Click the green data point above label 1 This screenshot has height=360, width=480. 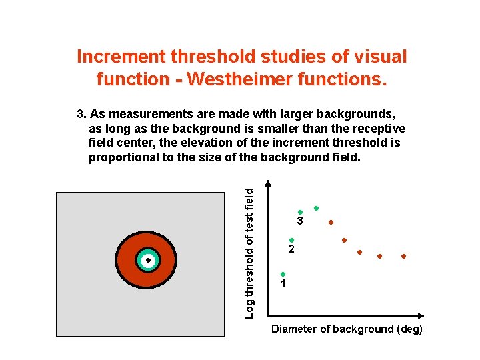283,274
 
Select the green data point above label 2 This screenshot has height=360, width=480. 291,240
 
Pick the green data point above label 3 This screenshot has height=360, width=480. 301,212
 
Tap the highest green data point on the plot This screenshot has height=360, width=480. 317,208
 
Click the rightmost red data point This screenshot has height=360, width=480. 403,256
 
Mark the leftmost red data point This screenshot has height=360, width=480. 331,222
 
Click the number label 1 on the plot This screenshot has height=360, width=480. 283,284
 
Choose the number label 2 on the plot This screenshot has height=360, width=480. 291,250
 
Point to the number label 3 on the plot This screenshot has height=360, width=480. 301,221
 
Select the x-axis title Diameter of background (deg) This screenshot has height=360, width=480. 347,329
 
